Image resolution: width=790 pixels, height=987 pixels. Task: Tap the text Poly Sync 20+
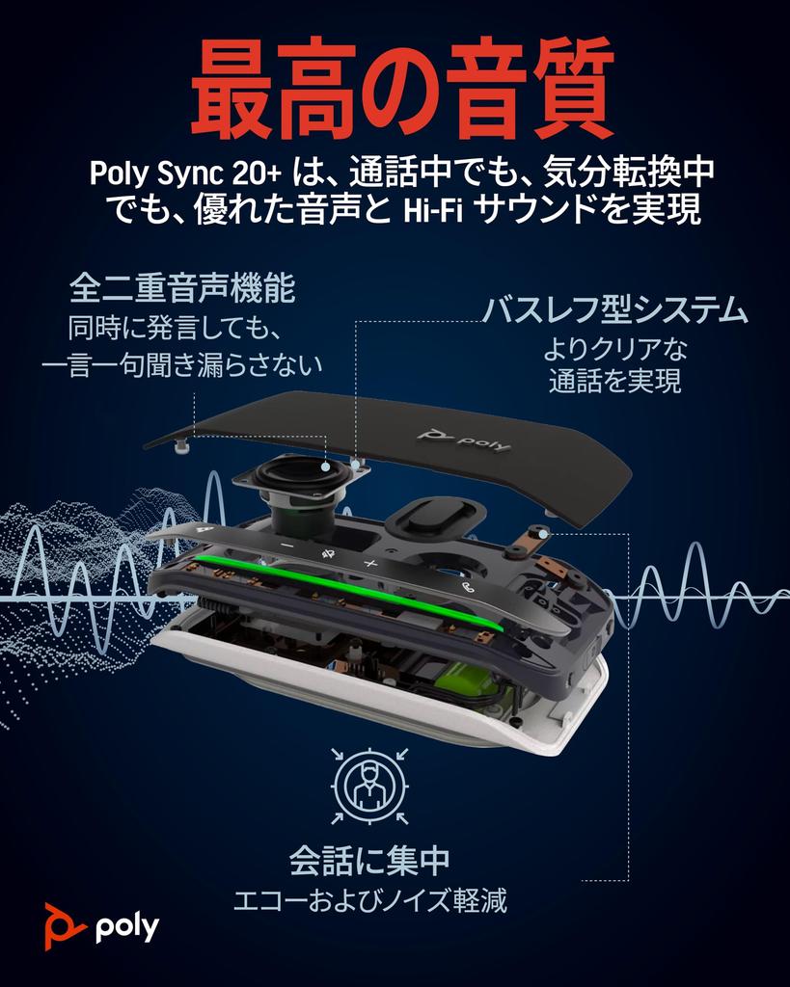click(184, 175)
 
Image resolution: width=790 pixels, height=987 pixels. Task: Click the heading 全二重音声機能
click(182, 288)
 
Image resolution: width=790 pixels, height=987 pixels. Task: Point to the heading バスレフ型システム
click(615, 310)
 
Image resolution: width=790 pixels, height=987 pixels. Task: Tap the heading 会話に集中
click(369, 858)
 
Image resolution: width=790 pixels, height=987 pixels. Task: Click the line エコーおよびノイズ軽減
click(370, 902)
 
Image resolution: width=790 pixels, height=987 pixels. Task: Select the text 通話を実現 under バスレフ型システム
click(615, 382)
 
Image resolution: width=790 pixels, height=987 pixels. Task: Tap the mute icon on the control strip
click(330, 553)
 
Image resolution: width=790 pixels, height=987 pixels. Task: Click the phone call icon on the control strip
click(468, 588)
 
